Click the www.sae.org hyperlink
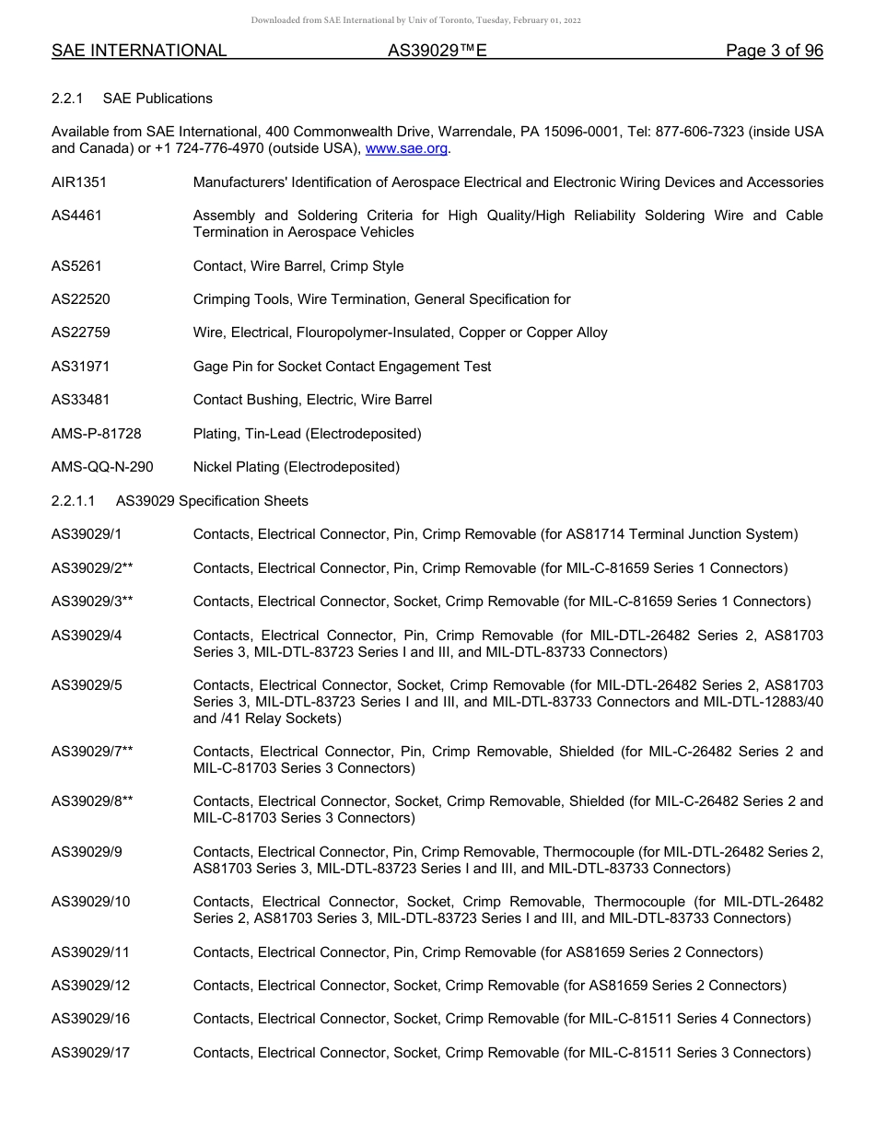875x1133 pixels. pyautogui.click(x=406, y=148)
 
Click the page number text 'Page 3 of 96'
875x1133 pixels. pyautogui.click(x=774, y=52)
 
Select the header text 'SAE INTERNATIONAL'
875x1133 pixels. pyautogui.click(x=139, y=52)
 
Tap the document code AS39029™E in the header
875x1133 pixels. pyautogui.click(x=437, y=52)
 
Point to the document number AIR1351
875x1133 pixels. pyautogui.click(x=79, y=182)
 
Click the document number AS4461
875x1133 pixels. pyautogui.click(x=76, y=216)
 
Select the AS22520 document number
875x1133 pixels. pyautogui.click(x=81, y=299)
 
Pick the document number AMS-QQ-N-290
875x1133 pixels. pyautogui.click(x=102, y=467)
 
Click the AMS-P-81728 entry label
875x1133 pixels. pyautogui.click(x=97, y=434)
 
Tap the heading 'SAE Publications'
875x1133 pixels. pyautogui.click(x=157, y=99)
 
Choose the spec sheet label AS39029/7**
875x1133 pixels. pyautogui.click(x=92, y=752)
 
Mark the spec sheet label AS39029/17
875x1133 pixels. pyautogui.click(x=90, y=1053)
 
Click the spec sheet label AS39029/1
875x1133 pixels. pyautogui.click(x=87, y=534)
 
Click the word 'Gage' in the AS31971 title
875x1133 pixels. pyautogui.click(x=209, y=367)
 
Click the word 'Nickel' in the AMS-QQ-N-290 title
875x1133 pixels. pyautogui.click(x=213, y=467)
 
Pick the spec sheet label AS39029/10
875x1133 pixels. pyautogui.click(x=90, y=902)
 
